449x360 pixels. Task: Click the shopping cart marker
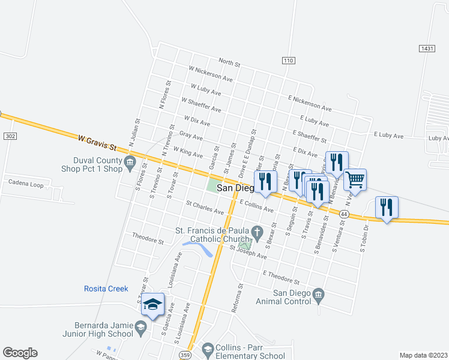[x=355, y=178]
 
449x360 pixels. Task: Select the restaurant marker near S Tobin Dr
[x=387, y=208]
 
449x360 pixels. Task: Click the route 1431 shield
[x=427, y=47]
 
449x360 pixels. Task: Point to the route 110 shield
[x=288, y=61]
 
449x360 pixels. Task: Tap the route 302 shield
[x=9, y=136]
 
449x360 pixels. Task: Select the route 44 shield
[x=343, y=214]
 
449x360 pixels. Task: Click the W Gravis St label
[x=96, y=142]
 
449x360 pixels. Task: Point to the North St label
[x=229, y=62]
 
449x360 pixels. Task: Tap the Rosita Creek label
[x=106, y=289]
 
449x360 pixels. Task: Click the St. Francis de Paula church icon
[x=256, y=232]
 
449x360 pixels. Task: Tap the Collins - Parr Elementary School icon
[x=208, y=348]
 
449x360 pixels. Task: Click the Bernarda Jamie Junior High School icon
[x=140, y=327]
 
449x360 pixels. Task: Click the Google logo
[x=20, y=352]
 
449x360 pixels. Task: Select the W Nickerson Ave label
[x=210, y=74]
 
